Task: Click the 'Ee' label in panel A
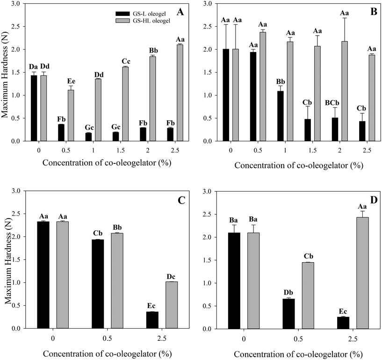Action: point(70,80)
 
